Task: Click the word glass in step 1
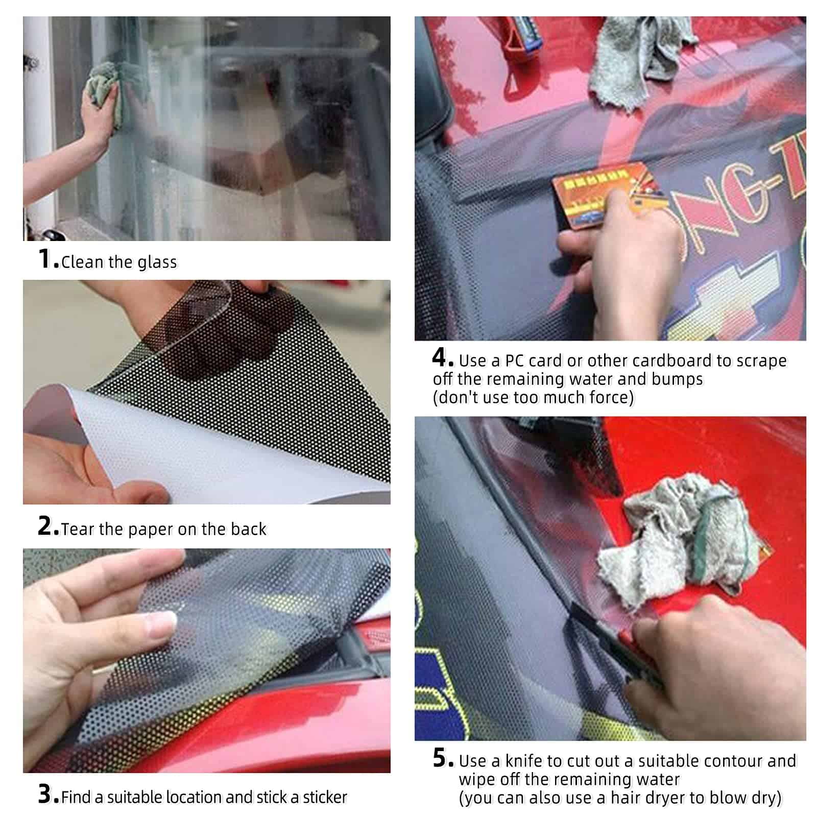coord(157,262)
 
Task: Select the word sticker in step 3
coord(325,797)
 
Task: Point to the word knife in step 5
coord(524,761)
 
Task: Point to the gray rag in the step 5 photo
coord(684,541)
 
